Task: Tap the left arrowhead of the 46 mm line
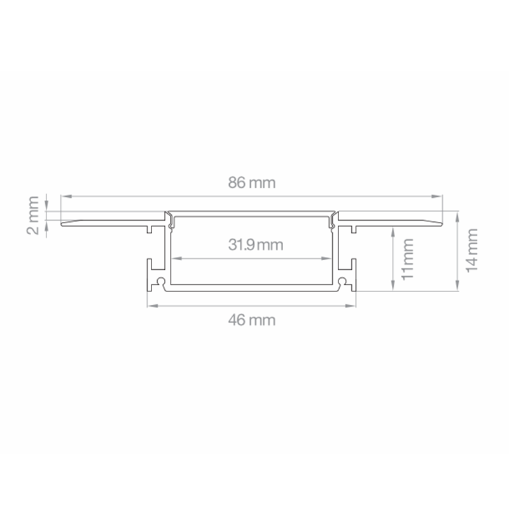[x=151, y=305]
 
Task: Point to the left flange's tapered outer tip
[x=62, y=222]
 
